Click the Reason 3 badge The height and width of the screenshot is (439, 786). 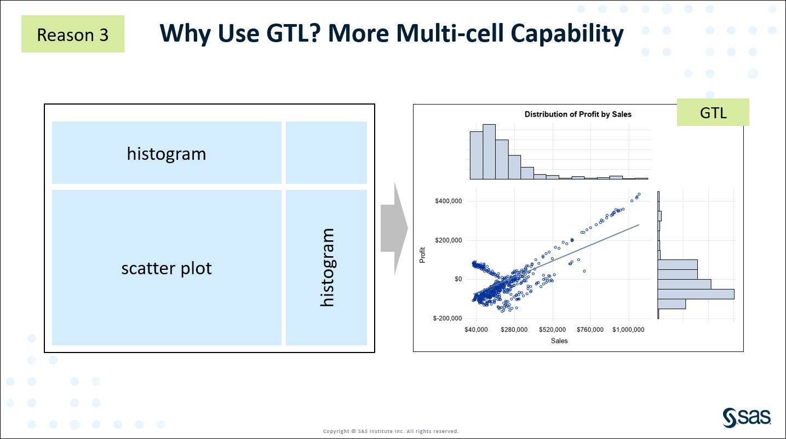click(72, 34)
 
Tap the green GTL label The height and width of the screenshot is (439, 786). click(713, 113)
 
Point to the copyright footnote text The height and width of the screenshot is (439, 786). click(391, 431)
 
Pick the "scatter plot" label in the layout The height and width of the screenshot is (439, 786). click(167, 268)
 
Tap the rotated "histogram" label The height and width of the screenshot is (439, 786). click(326, 268)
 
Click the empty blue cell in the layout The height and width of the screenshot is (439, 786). click(326, 152)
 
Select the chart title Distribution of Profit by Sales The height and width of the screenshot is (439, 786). click(578, 114)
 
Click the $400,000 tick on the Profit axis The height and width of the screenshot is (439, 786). click(447, 201)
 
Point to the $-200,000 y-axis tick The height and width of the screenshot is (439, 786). click(447, 319)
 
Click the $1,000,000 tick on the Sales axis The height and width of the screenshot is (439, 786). click(628, 330)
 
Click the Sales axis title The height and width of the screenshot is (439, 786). click(559, 341)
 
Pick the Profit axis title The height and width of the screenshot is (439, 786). click(422, 256)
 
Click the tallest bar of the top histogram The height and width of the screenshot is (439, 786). click(489, 152)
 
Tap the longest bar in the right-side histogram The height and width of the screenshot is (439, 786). click(696, 294)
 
